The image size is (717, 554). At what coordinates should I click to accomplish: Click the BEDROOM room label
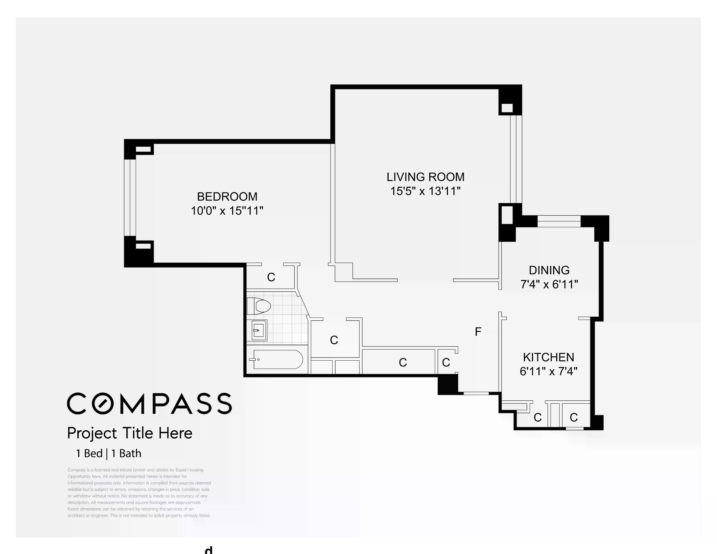click(x=227, y=196)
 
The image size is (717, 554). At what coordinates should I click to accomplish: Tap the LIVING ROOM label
click(x=426, y=177)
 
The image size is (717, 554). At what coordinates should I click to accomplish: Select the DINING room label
click(x=549, y=270)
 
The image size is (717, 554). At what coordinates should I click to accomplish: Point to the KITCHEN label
click(x=548, y=357)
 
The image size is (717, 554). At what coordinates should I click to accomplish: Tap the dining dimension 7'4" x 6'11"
click(x=549, y=284)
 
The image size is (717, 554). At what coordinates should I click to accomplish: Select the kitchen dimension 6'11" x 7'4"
click(x=548, y=371)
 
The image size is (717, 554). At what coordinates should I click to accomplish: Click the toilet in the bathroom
click(x=259, y=306)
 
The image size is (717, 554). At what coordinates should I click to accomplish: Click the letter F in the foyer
click(x=478, y=332)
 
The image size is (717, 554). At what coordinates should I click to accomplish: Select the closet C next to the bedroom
click(x=271, y=277)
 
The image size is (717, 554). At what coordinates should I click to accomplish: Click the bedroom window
click(x=130, y=197)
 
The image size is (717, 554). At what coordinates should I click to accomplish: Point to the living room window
click(x=516, y=159)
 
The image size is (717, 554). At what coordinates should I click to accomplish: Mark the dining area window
click(x=559, y=221)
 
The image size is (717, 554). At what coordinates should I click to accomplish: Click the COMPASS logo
click(x=149, y=403)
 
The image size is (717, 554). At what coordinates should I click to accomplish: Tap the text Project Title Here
click(x=130, y=433)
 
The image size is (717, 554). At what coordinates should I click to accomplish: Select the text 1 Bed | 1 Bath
click(x=109, y=453)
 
